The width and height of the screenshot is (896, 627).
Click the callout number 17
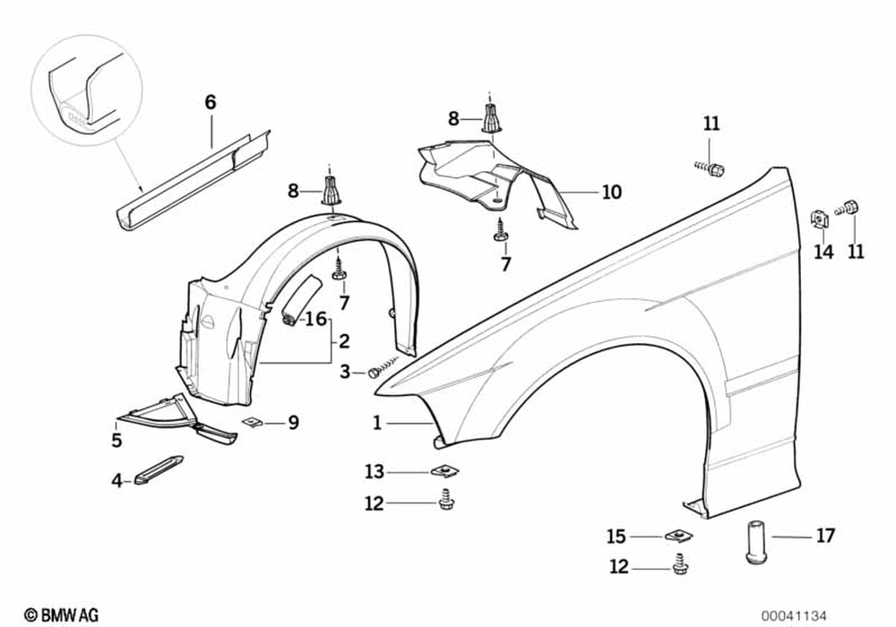(x=825, y=536)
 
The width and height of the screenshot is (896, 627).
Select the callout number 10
(x=611, y=192)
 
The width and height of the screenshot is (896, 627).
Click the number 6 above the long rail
(x=211, y=102)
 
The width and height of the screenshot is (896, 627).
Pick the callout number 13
(x=374, y=471)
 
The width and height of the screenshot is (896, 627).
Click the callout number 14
(x=823, y=252)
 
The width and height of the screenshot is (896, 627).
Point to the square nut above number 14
(x=818, y=218)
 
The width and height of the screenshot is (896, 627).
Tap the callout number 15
(x=616, y=537)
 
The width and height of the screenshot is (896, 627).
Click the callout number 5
(x=116, y=440)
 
